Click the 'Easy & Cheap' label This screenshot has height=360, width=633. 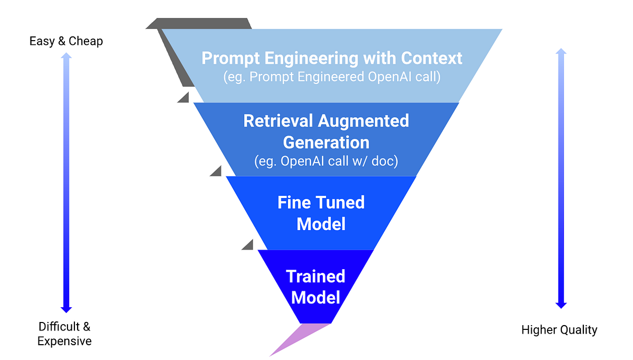[66, 41]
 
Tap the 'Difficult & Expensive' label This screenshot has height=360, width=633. [64, 334]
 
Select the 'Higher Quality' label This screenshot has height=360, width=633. [559, 330]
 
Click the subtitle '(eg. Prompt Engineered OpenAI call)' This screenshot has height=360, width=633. [331, 77]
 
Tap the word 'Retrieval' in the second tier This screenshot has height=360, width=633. [277, 121]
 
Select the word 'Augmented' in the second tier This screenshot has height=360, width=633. [364, 121]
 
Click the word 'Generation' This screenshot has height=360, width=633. [326, 143]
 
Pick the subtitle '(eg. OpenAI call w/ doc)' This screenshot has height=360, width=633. [326, 161]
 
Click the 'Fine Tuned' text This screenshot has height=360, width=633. [321, 203]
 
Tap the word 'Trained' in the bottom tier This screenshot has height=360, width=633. [315, 277]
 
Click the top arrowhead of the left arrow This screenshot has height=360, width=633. [66, 56]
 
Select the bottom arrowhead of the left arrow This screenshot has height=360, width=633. [66, 309]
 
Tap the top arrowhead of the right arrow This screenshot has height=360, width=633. [561, 52]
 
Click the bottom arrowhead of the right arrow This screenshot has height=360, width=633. [561, 305]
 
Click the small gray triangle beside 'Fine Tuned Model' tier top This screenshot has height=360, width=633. [216, 172]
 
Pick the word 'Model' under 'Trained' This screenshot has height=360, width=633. [315, 298]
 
